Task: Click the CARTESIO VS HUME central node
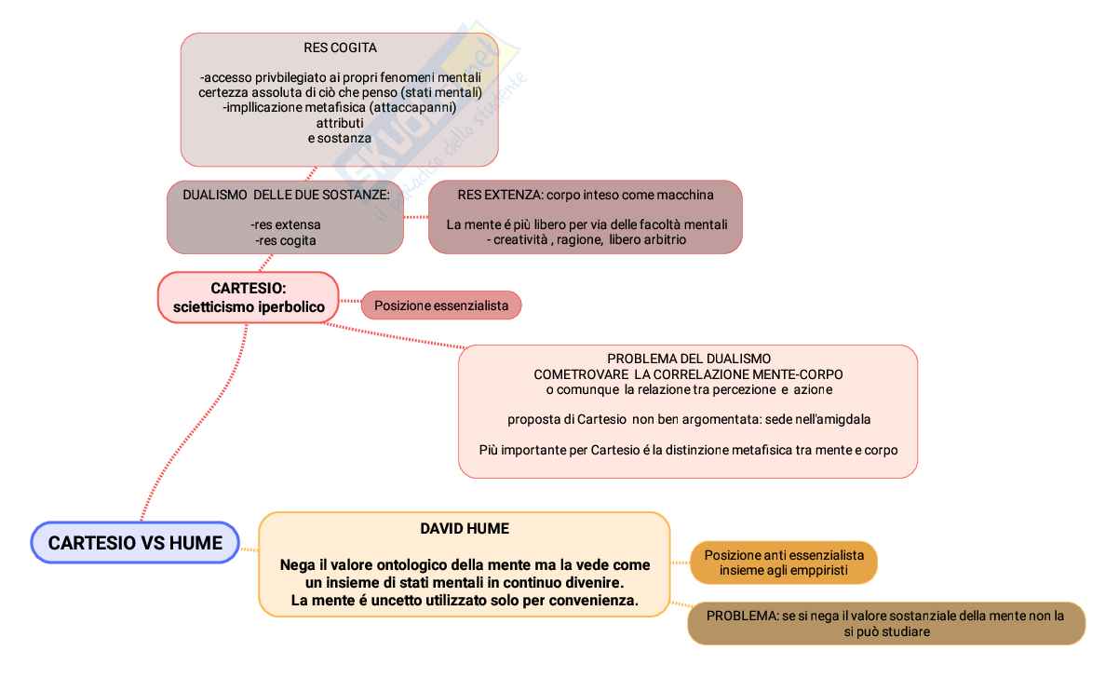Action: coord(135,543)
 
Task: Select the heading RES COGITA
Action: coord(340,47)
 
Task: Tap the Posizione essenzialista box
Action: coord(440,305)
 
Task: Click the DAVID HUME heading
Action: coord(464,529)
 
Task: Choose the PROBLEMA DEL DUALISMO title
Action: coord(688,359)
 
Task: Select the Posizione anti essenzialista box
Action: coord(784,562)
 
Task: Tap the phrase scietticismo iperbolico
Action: coord(248,306)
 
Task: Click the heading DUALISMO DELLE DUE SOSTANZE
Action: coord(286,195)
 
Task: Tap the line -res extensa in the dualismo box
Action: coord(285,224)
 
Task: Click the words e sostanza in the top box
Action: coord(340,139)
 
